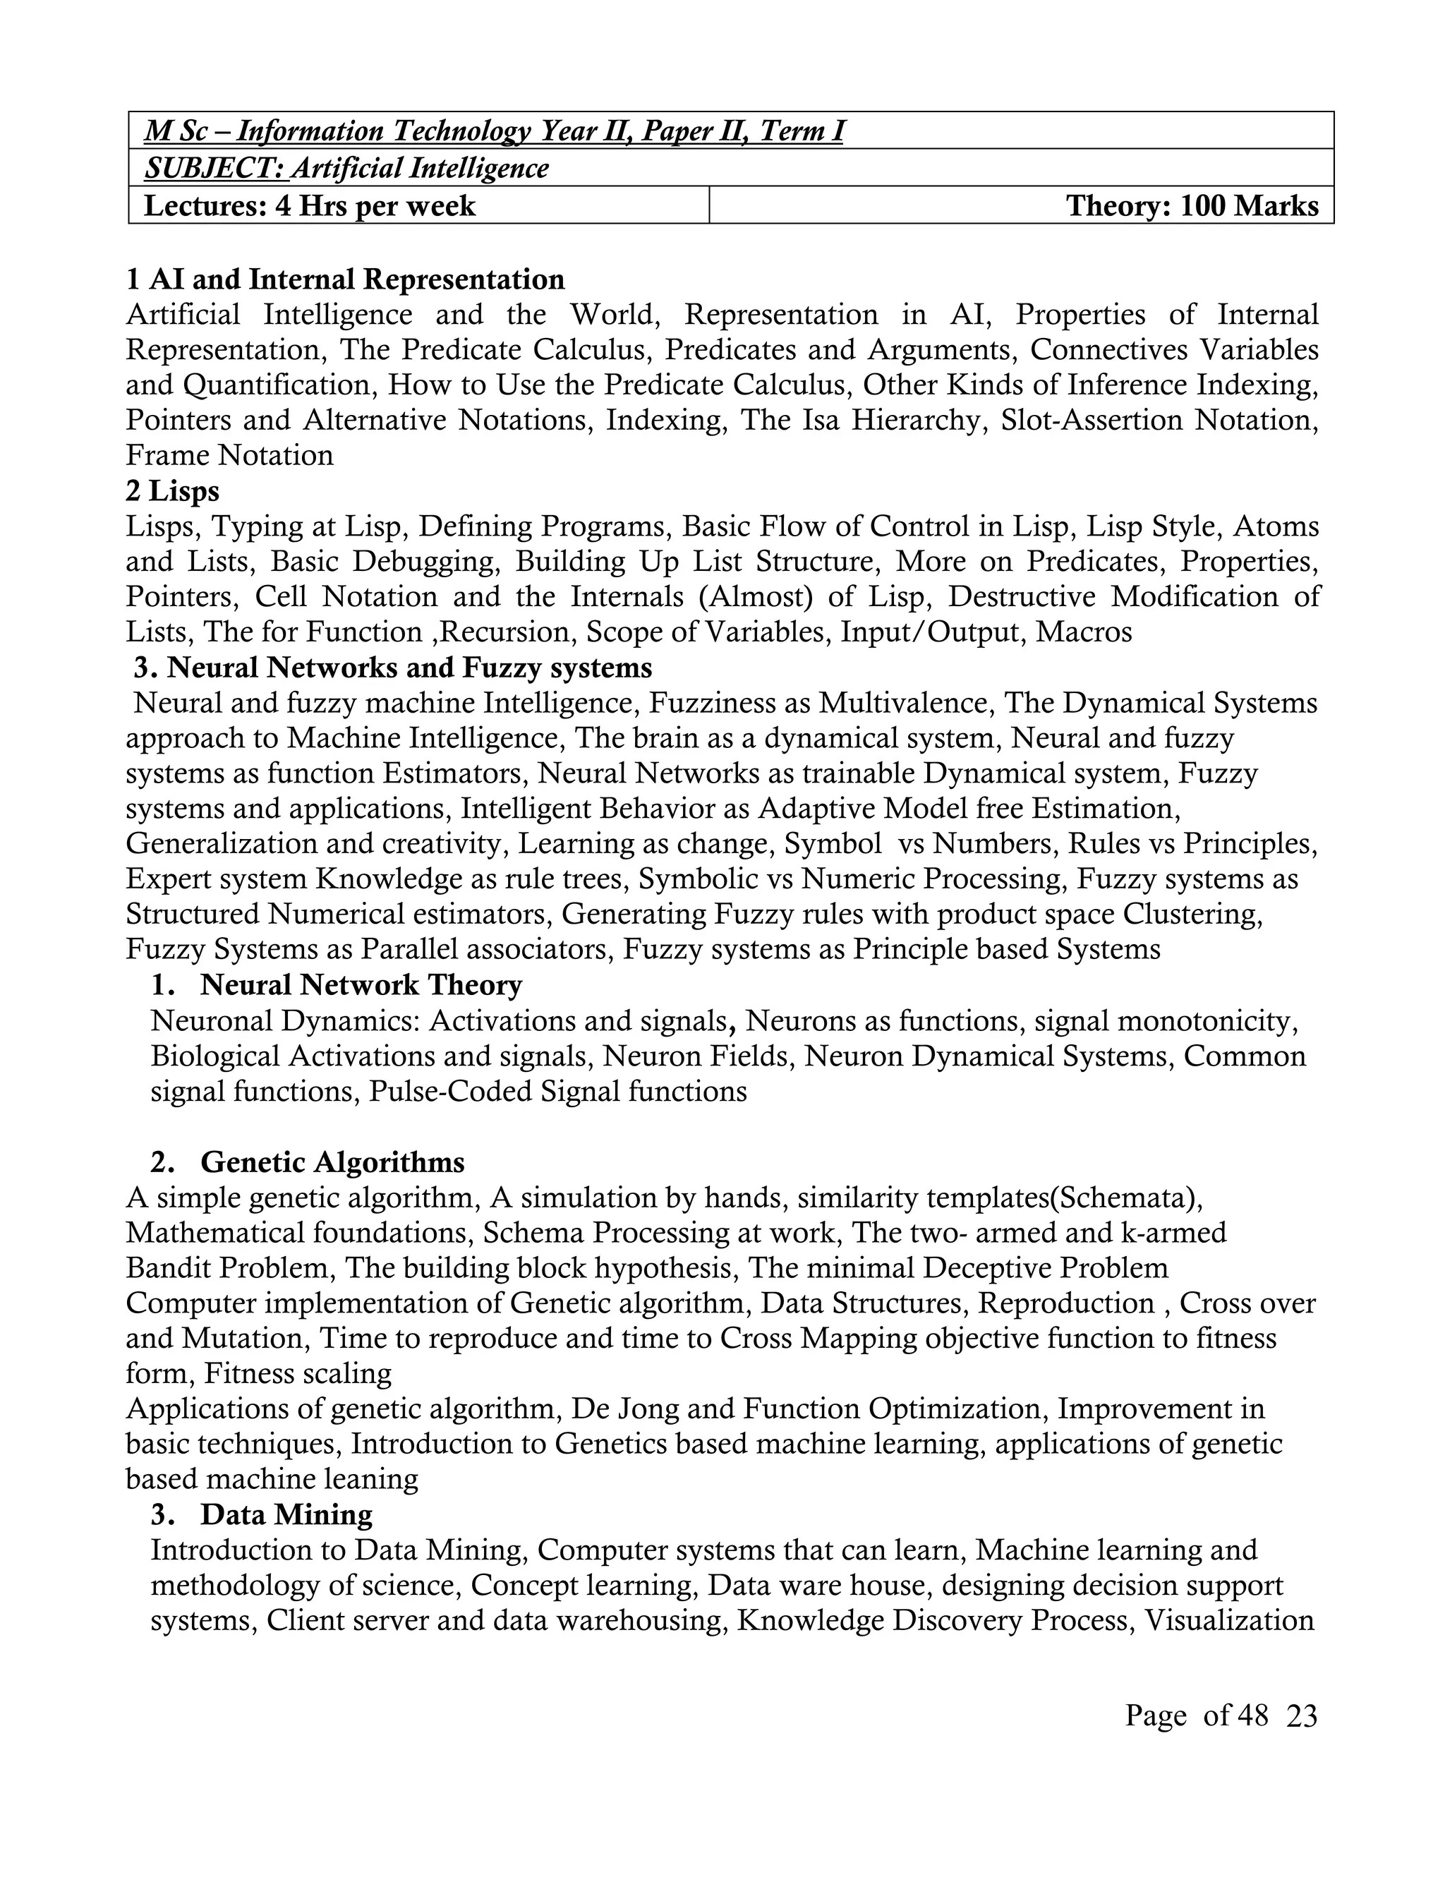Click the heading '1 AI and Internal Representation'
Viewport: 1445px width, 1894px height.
tap(345, 279)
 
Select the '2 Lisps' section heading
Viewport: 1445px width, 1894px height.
tap(172, 491)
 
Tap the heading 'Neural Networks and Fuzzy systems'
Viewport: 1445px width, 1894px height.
tap(409, 668)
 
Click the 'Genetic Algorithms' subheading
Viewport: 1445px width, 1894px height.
tap(332, 1162)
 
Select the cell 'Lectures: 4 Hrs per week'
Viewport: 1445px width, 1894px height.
tap(310, 205)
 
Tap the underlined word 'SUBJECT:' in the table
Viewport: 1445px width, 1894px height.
tap(214, 168)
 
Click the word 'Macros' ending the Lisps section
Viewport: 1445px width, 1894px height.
tap(1084, 632)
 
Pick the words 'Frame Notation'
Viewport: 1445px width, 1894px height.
tap(229, 455)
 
